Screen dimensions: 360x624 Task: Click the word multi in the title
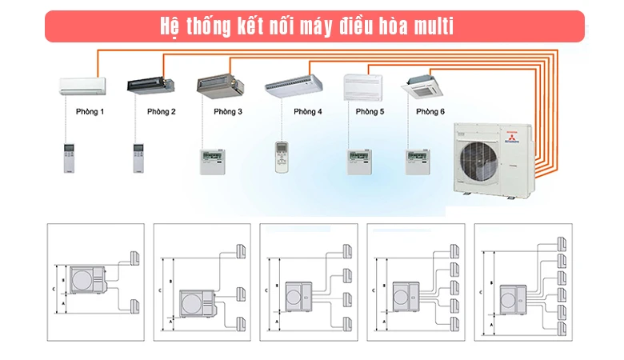(x=434, y=27)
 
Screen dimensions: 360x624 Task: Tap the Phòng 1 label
(x=90, y=112)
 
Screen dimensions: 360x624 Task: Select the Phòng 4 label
(x=307, y=112)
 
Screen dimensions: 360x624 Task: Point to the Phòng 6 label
(x=430, y=112)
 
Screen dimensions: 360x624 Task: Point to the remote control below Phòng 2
(x=138, y=158)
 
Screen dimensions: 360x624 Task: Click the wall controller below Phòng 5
(x=358, y=161)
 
